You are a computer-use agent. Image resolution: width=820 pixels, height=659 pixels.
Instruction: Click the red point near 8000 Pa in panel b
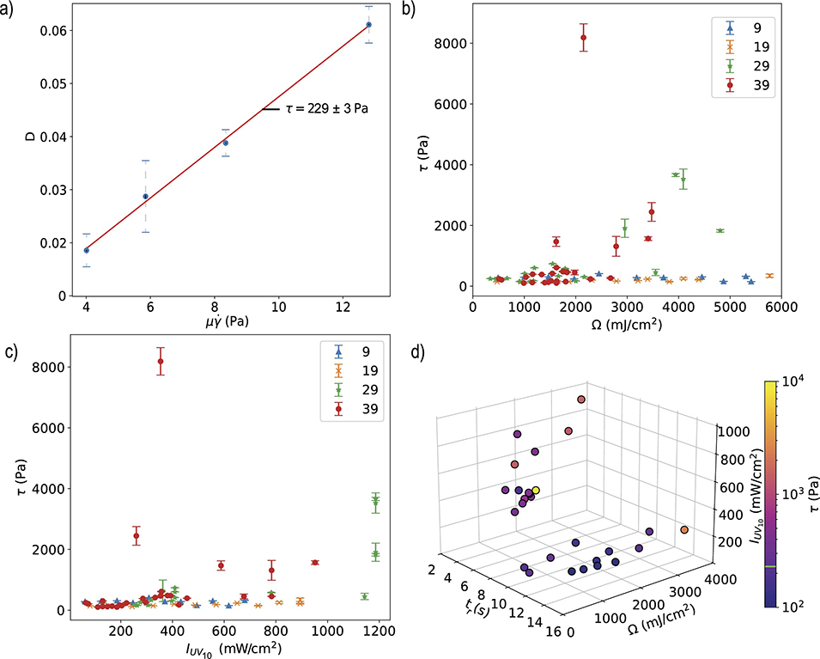[584, 37]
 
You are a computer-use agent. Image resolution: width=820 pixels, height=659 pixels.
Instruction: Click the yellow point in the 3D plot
[535, 491]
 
